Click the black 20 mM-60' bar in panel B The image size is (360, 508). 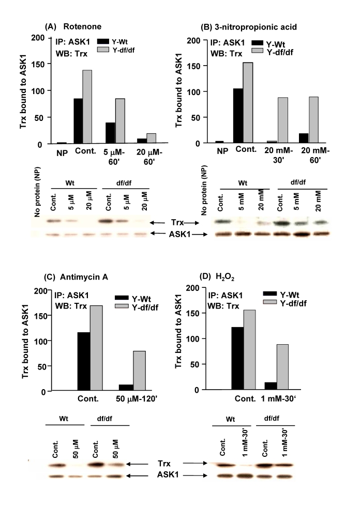311,138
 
